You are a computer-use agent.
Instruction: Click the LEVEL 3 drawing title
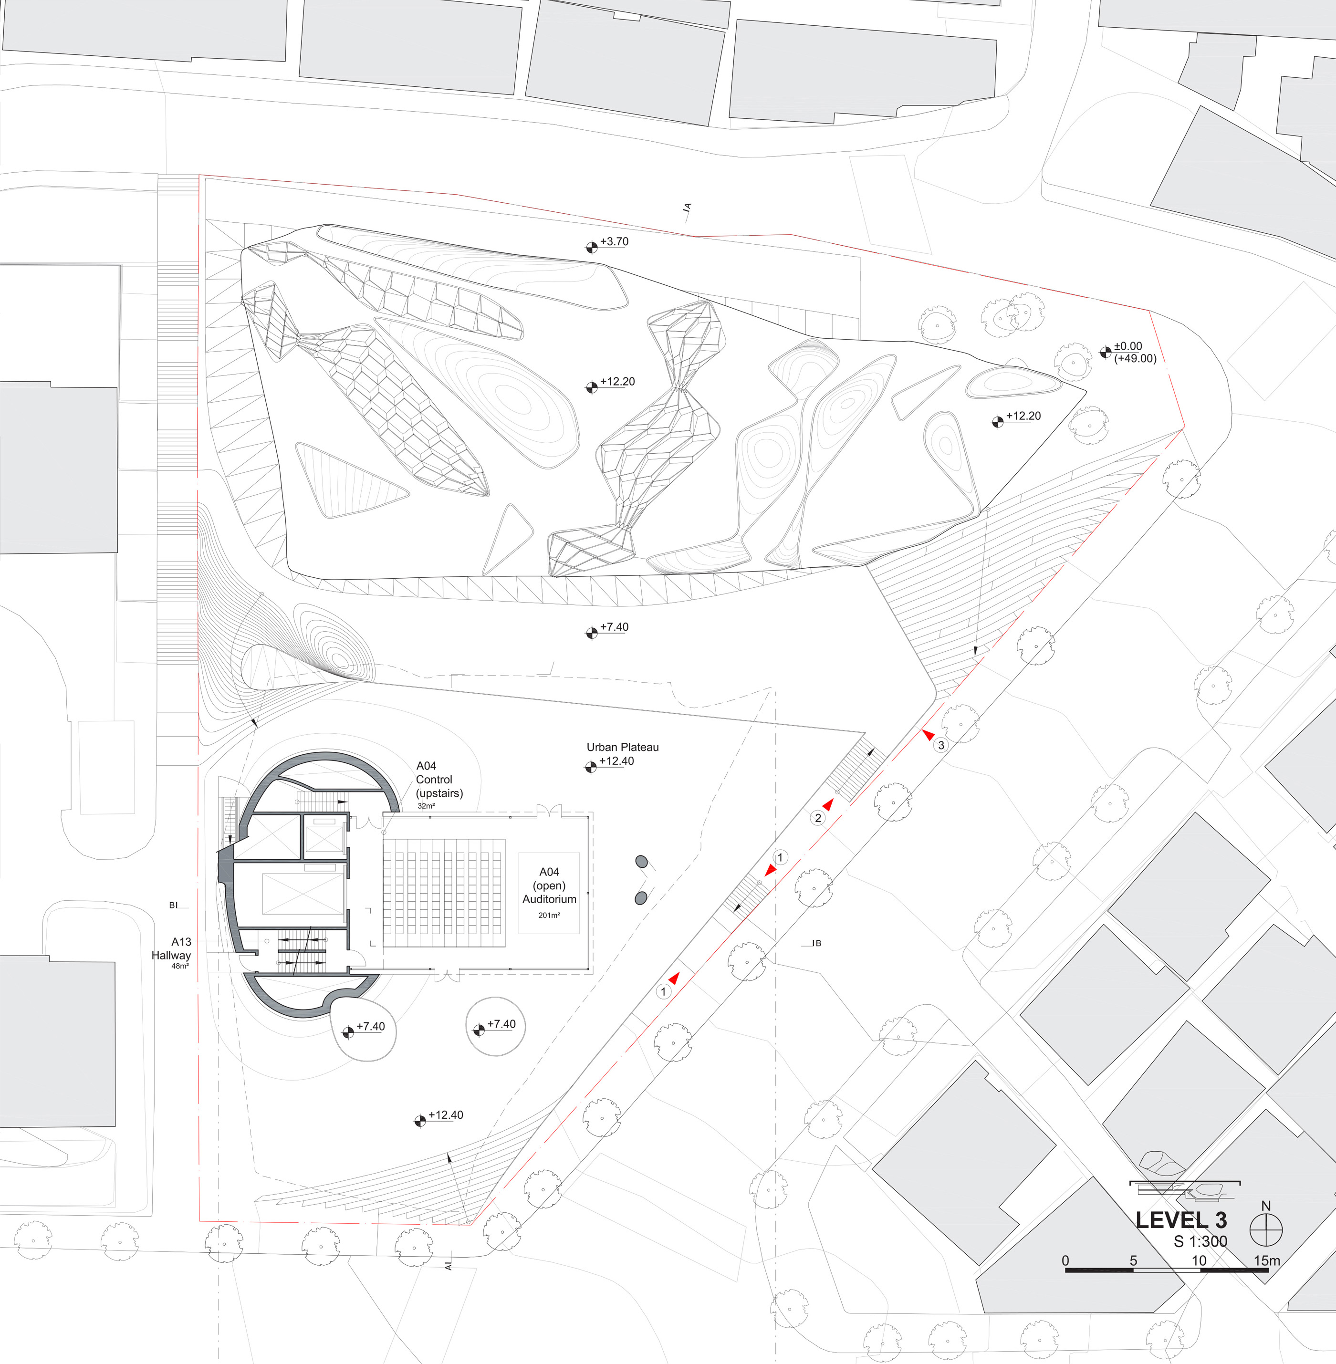pyautogui.click(x=1181, y=1220)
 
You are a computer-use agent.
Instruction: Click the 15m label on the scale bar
pyautogui.click(x=1266, y=1260)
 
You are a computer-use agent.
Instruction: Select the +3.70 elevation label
pyautogui.click(x=614, y=241)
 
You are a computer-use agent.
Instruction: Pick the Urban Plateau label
pyautogui.click(x=622, y=747)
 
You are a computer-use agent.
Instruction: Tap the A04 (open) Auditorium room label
pyautogui.click(x=549, y=885)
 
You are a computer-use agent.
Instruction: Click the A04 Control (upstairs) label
pyautogui.click(x=438, y=780)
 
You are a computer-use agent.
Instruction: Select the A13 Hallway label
pyautogui.click(x=171, y=948)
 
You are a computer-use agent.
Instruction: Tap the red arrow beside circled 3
pyautogui.click(x=928, y=735)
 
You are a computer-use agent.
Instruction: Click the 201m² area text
pyautogui.click(x=549, y=915)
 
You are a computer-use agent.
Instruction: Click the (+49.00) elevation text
pyautogui.click(x=1135, y=359)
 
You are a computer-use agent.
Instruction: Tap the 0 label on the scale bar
pyautogui.click(x=1065, y=1260)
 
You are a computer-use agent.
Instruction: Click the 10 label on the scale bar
pyautogui.click(x=1199, y=1260)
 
